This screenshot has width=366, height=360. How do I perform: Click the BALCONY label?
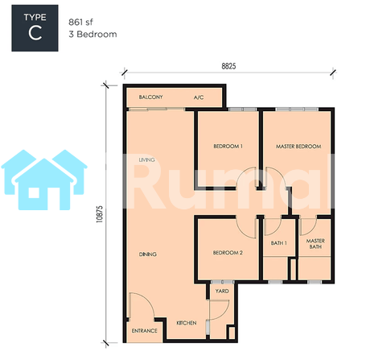pyautogui.click(x=150, y=97)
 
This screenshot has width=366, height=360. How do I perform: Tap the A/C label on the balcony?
pyautogui.click(x=199, y=97)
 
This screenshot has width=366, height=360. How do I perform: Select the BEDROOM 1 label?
pyautogui.click(x=228, y=147)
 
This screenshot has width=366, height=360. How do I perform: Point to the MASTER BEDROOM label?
pyautogui.click(x=298, y=147)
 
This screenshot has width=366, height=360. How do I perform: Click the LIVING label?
pyautogui.click(x=147, y=159)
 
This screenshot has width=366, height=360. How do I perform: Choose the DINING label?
pyautogui.click(x=148, y=254)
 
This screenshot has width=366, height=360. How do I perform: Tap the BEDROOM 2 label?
pyautogui.click(x=228, y=253)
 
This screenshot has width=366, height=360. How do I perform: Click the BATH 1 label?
pyautogui.click(x=278, y=243)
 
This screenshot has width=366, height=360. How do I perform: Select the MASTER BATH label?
pyautogui.click(x=315, y=244)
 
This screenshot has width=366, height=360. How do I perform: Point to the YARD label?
pyautogui.click(x=222, y=291)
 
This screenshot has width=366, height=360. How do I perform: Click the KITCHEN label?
pyautogui.click(x=187, y=323)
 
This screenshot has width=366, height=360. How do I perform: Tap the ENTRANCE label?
pyautogui.click(x=144, y=331)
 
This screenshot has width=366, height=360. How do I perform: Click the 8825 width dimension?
pyautogui.click(x=228, y=66)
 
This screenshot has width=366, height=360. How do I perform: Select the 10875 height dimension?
pyautogui.click(x=99, y=214)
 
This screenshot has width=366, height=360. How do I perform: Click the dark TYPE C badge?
pyautogui.click(x=35, y=28)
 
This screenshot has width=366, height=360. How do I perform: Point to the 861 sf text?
pyautogui.click(x=80, y=22)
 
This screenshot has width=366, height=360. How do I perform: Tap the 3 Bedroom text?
pyautogui.click(x=93, y=35)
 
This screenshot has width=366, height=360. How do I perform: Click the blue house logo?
pyautogui.click(x=44, y=180)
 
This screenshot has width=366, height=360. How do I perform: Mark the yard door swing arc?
pyautogui.click(x=227, y=312)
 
